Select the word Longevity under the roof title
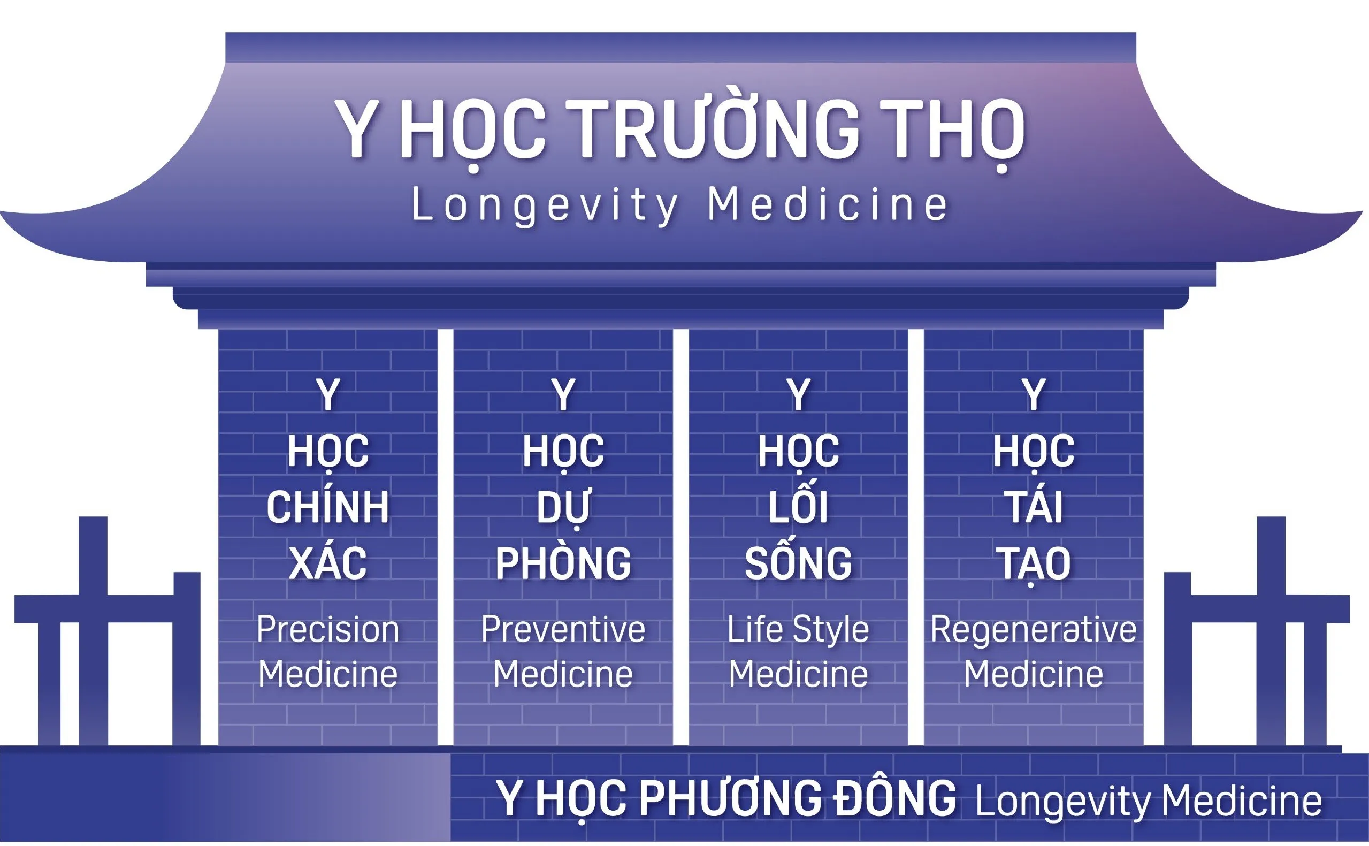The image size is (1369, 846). pos(545,205)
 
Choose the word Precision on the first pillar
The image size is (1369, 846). pos(328,629)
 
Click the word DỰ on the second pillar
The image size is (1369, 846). pos(563,506)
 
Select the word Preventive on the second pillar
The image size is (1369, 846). pos(563,629)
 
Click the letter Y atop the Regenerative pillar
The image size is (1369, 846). pos(1034,395)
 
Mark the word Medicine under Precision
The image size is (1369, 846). pos(328,674)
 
